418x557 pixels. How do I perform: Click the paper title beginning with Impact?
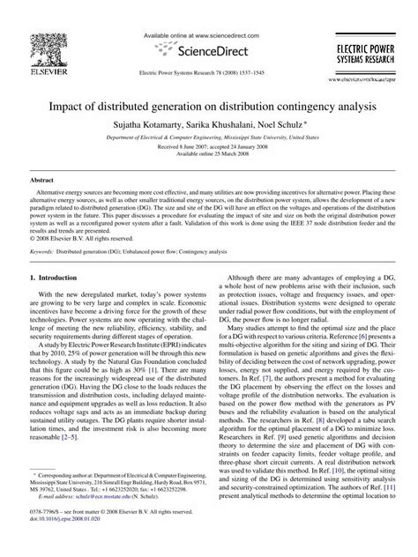209,104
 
